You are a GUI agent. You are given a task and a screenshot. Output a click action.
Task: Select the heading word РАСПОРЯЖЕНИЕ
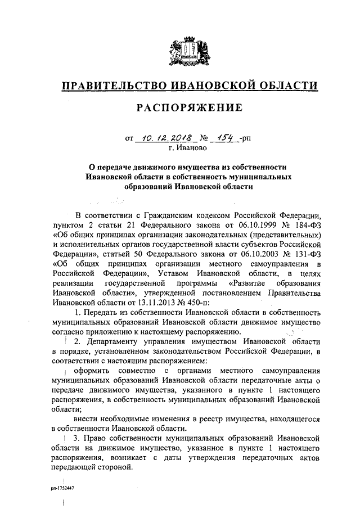click(188, 107)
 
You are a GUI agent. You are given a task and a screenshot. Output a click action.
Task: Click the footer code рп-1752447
click(62, 489)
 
